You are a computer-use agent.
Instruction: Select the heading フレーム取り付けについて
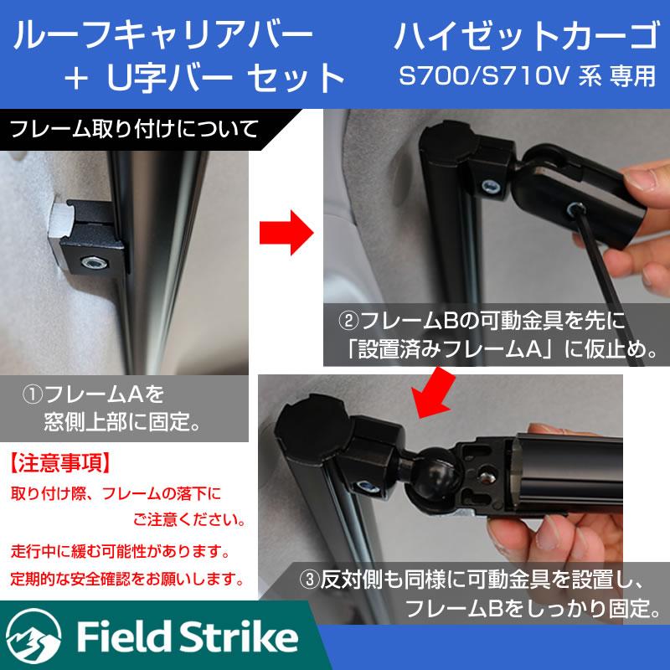(135, 129)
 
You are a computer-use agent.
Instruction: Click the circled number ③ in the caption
(309, 580)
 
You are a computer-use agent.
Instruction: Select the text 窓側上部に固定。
(123, 421)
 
